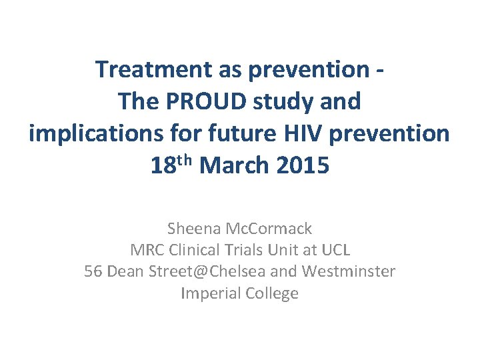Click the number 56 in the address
coord(93,272)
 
